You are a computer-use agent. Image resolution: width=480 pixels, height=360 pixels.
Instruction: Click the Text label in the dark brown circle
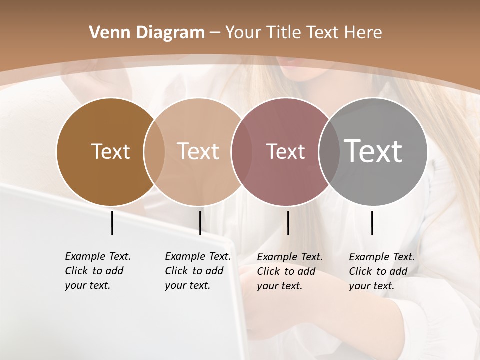pyautogui.click(x=110, y=151)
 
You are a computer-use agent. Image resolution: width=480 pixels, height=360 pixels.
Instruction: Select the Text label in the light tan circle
pyautogui.click(x=198, y=151)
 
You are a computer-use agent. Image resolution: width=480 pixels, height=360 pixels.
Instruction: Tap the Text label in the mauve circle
pyautogui.click(x=285, y=151)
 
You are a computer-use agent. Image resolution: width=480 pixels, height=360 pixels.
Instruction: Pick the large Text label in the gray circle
pyautogui.click(x=373, y=151)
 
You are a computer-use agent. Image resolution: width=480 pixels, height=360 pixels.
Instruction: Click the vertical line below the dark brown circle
pyautogui.click(x=112, y=223)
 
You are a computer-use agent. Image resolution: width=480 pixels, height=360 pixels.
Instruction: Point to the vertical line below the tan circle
pyautogui.click(x=200, y=223)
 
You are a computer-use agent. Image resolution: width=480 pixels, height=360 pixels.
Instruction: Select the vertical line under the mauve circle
pyautogui.click(x=288, y=223)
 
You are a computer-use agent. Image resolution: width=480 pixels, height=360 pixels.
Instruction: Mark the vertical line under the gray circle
pyautogui.click(x=372, y=223)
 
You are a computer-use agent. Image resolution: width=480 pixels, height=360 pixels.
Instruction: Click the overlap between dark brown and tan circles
pyautogui.click(x=154, y=151)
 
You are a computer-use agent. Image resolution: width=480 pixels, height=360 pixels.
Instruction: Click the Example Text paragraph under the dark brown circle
pyautogui.click(x=97, y=271)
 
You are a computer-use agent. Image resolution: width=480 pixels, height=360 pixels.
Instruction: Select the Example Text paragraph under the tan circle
pyautogui.click(x=197, y=271)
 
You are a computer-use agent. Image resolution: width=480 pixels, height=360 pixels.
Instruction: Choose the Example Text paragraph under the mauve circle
pyautogui.click(x=289, y=271)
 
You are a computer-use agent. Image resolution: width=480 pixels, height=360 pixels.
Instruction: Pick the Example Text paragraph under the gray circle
pyautogui.click(x=381, y=271)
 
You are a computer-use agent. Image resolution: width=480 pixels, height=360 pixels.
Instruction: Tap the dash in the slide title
pyautogui.click(x=215, y=33)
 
